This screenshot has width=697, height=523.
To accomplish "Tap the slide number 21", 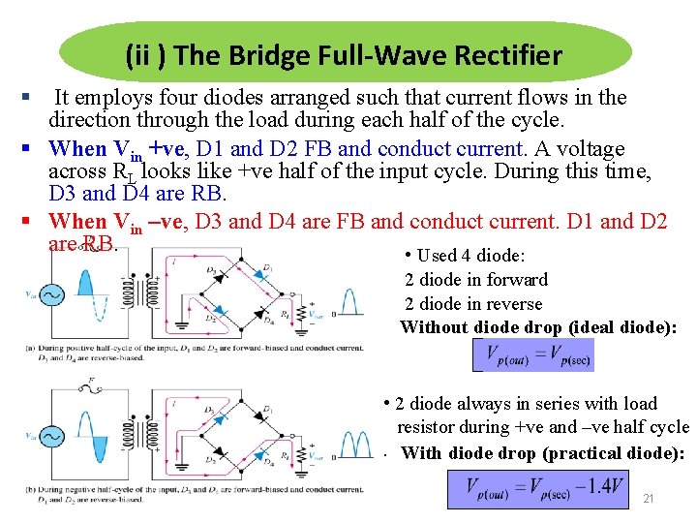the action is [649, 498].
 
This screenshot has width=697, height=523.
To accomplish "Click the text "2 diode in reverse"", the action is [473, 303].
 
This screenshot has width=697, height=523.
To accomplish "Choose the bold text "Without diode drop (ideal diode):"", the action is [538, 327].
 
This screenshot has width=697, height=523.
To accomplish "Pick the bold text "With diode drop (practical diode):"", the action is [542, 453].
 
